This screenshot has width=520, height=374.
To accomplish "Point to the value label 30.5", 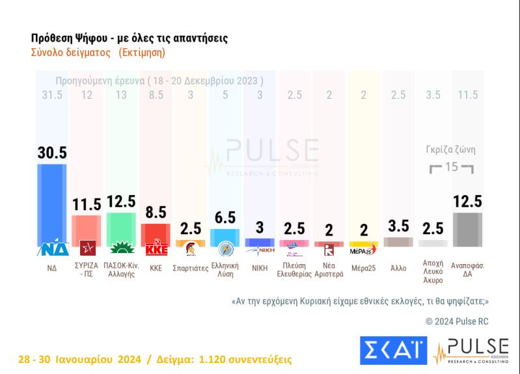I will pos(52,152).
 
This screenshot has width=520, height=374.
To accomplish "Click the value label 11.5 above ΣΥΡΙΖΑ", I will pos(87,204).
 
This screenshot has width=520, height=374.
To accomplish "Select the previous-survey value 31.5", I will pos(52,96).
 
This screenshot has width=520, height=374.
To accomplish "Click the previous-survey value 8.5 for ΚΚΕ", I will pos(156,96).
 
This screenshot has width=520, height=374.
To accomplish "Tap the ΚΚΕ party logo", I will pos(156,249).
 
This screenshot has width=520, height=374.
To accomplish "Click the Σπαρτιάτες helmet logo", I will pos(191,250).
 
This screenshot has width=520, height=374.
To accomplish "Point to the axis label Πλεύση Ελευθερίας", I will pos(294,269).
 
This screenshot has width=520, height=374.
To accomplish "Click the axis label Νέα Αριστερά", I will pos(329,269).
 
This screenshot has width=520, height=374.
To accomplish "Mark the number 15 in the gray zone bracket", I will pos(452,167).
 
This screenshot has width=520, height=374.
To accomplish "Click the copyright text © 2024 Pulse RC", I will pos(456,321).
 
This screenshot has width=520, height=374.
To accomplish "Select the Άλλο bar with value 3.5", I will pos(398,242).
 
